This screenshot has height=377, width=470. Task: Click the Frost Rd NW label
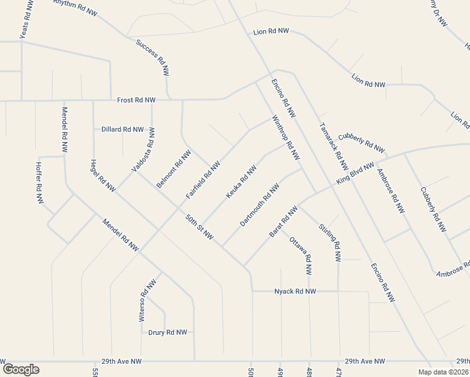pos(136,100)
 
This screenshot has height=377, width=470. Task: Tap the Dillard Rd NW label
pos(123,129)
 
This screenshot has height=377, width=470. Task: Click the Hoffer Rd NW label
pos(39,183)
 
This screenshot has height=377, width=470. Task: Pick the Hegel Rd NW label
pos(104,175)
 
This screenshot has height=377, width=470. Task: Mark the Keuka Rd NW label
pos(241,183)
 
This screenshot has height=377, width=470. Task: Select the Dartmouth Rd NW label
pos(259,205)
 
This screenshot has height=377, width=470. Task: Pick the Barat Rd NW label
pos(283,222)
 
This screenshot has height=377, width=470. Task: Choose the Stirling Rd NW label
pos(330,242)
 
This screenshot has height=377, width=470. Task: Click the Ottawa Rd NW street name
pos(300,256)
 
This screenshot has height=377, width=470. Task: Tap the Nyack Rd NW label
pos(295,292)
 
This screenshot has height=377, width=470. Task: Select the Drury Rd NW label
pos(168,332)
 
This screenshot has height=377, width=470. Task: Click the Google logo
pos(21,369)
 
